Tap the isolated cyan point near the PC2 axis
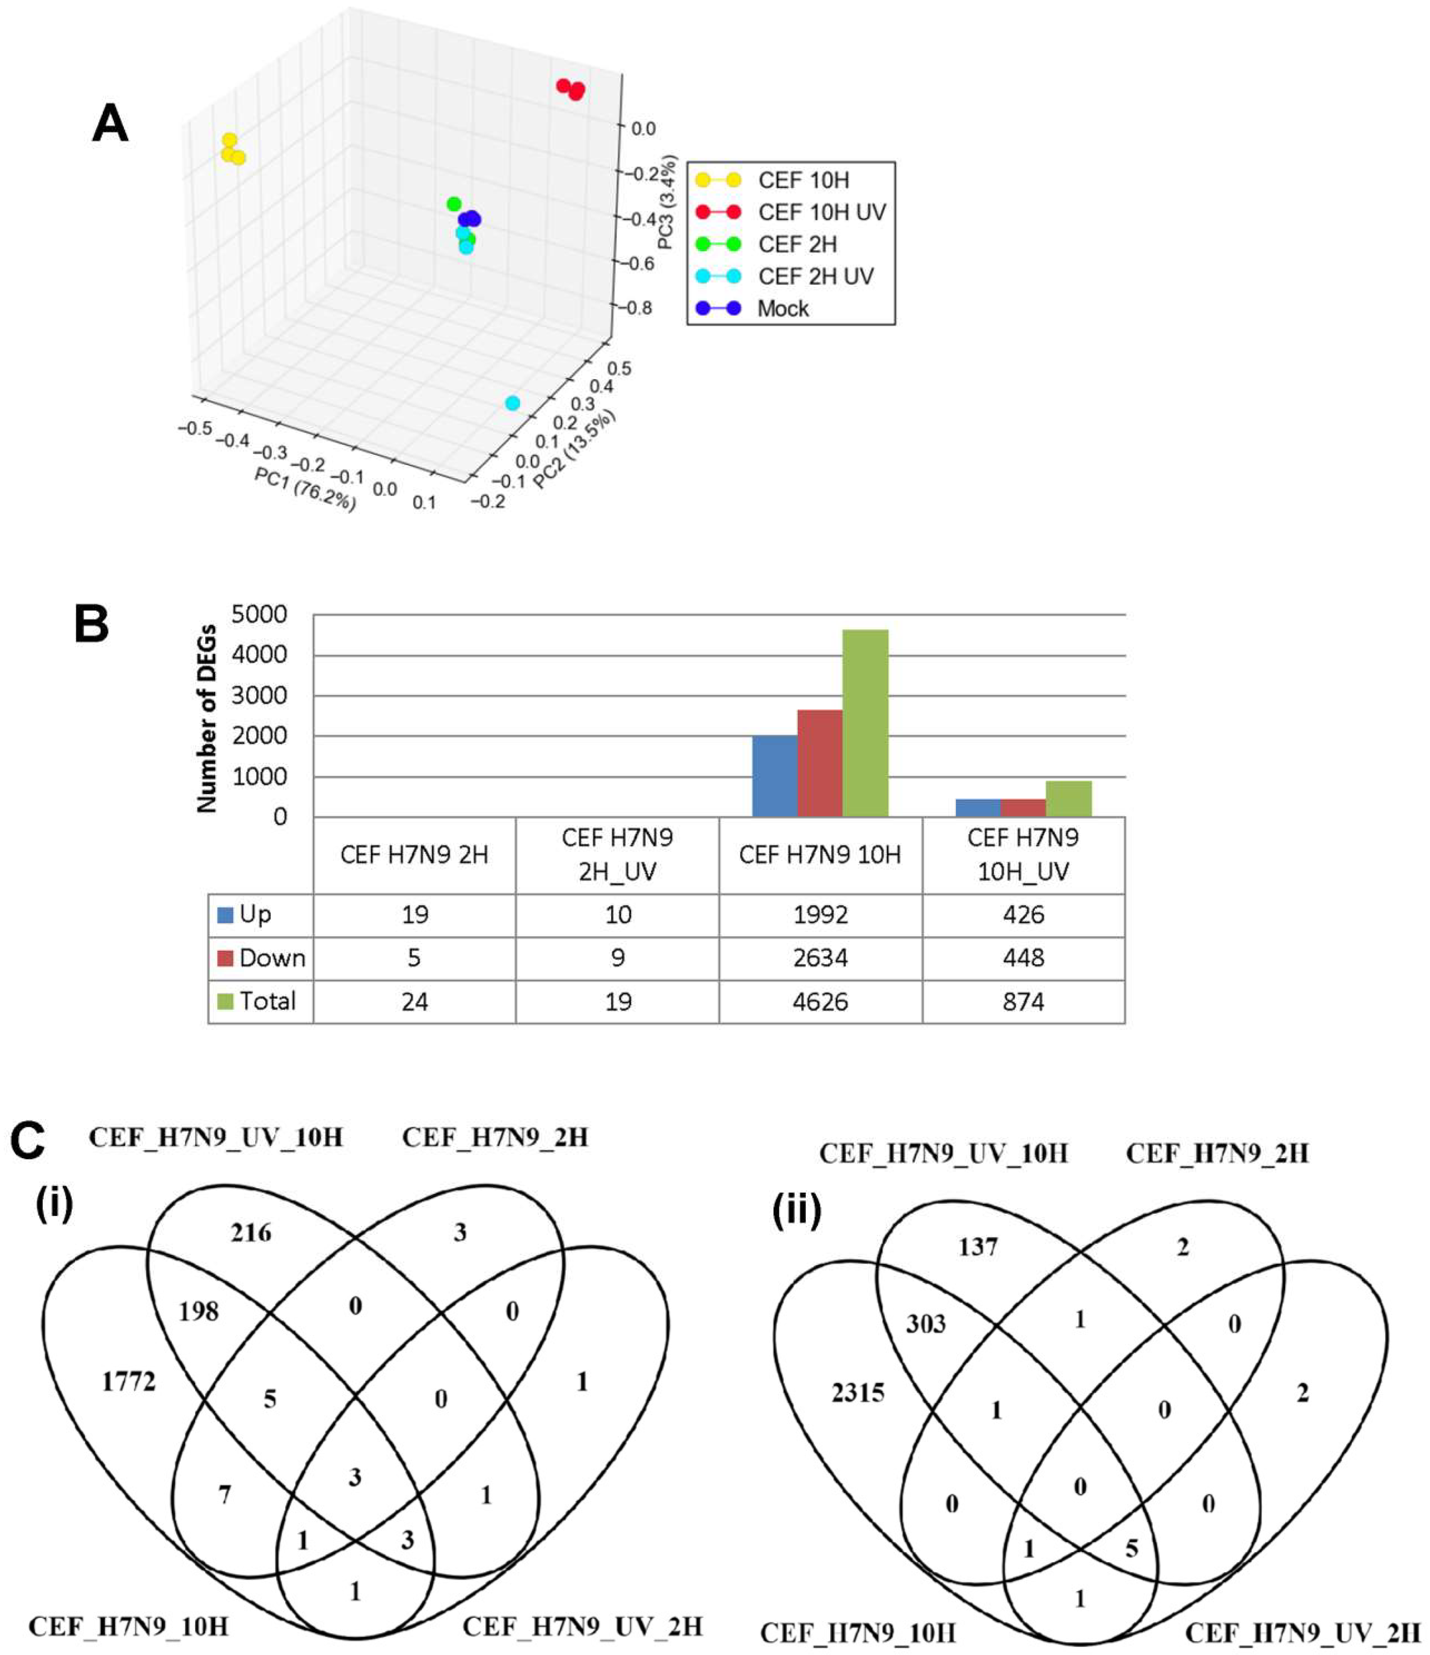(x=513, y=404)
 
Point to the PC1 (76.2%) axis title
(x=305, y=489)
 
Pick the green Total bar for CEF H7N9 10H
(x=866, y=723)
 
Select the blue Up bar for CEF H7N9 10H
(x=775, y=775)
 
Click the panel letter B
(x=92, y=624)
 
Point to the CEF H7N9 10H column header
(x=820, y=855)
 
